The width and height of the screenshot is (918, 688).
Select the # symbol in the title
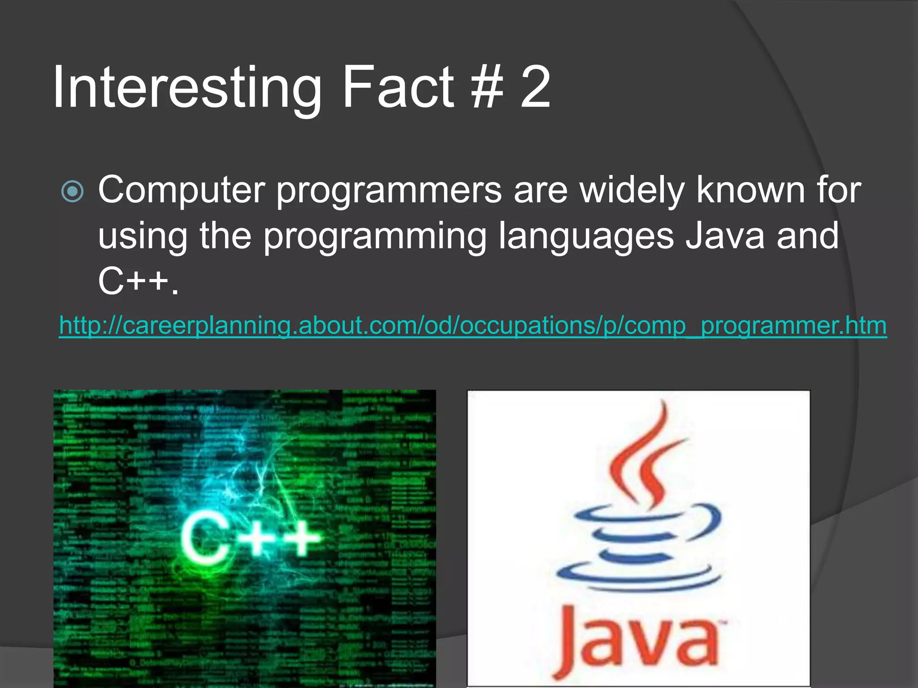click(487, 87)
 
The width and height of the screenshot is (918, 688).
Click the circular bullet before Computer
click(72, 192)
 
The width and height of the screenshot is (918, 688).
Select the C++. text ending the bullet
click(138, 282)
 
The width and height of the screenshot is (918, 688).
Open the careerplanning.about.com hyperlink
click(473, 325)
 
